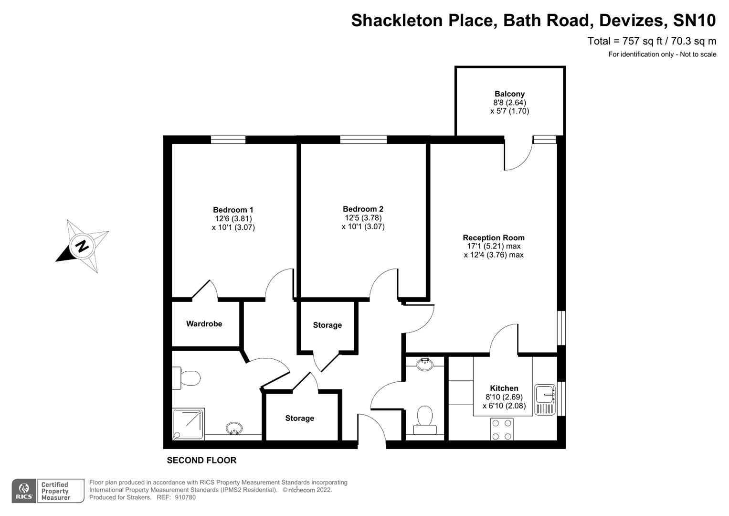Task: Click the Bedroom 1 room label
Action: pyautogui.click(x=233, y=210)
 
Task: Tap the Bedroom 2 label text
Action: pyautogui.click(x=363, y=209)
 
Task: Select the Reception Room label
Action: pyautogui.click(x=494, y=237)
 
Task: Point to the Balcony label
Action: pyautogui.click(x=509, y=94)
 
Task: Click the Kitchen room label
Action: pyautogui.click(x=504, y=388)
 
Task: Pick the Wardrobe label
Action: pyautogui.click(x=204, y=324)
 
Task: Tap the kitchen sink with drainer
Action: pyautogui.click(x=545, y=399)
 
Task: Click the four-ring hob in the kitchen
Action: pyautogui.click(x=502, y=429)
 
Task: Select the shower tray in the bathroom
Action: pyautogui.click(x=188, y=424)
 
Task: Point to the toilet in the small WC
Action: pyautogui.click(x=424, y=419)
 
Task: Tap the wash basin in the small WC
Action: pyautogui.click(x=424, y=365)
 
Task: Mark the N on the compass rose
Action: pyautogui.click(x=82, y=247)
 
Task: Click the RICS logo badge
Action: pyautogui.click(x=24, y=491)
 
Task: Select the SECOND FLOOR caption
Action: pyautogui.click(x=201, y=461)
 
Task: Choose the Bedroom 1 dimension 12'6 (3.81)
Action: pyautogui.click(x=233, y=219)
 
